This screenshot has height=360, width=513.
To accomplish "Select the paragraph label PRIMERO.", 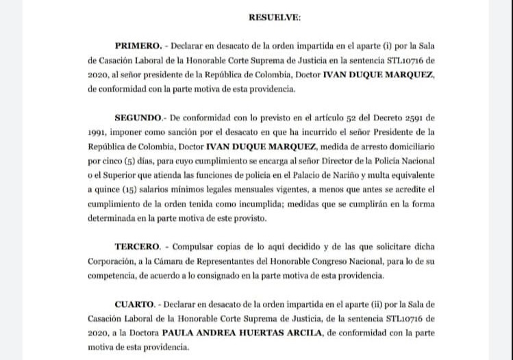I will (x=137, y=47).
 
